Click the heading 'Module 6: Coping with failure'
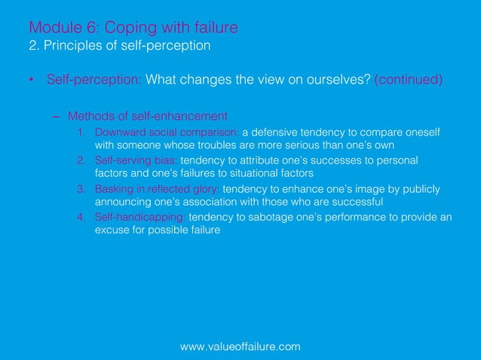tap(133, 28)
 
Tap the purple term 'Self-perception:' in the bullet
tap(93, 80)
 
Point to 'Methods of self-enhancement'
tap(148, 116)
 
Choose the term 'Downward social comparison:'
tap(167, 133)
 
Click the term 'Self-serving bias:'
tap(136, 161)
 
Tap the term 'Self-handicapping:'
tap(140, 217)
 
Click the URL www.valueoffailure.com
tap(240, 346)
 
